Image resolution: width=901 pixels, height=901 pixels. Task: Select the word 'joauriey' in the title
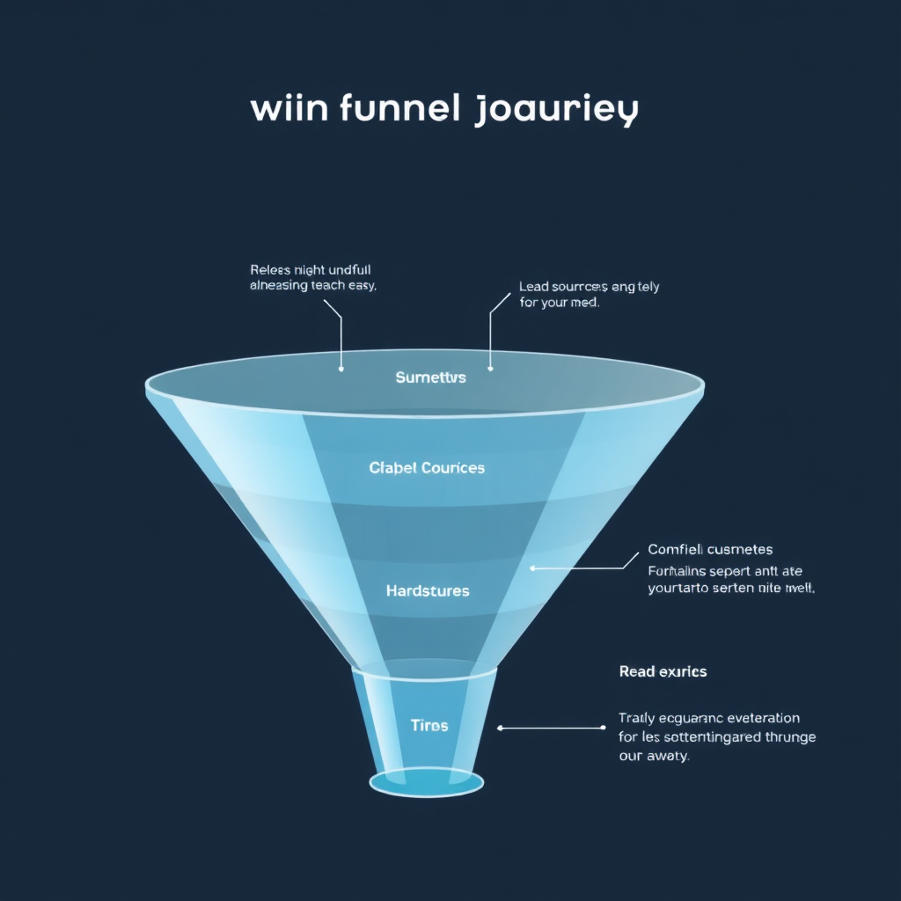pyautogui.click(x=556, y=112)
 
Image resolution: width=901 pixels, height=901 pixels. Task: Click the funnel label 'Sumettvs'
pyautogui.click(x=430, y=378)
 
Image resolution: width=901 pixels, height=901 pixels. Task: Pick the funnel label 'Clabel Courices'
pyautogui.click(x=427, y=468)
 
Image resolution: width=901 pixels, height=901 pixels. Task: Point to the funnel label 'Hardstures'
pyautogui.click(x=428, y=590)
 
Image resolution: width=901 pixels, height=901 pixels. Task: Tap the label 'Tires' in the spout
pyautogui.click(x=429, y=726)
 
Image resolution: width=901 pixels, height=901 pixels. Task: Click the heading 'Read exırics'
pyautogui.click(x=663, y=671)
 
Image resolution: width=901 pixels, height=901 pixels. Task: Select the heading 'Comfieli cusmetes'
pyautogui.click(x=710, y=550)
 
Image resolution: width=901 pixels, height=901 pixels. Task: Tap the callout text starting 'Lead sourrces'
pyautogui.click(x=589, y=287)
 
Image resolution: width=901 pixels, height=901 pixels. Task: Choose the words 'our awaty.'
pyautogui.click(x=654, y=756)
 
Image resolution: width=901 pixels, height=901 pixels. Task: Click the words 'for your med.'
pyautogui.click(x=560, y=304)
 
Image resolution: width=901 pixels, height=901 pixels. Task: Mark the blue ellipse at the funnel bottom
pyautogui.click(x=427, y=782)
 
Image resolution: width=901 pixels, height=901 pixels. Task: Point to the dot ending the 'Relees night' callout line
pyautogui.click(x=341, y=369)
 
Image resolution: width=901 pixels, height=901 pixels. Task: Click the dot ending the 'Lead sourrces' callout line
pyautogui.click(x=490, y=369)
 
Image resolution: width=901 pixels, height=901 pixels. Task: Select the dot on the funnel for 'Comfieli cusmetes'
pyautogui.click(x=532, y=568)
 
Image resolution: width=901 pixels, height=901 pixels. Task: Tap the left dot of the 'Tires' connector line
pyautogui.click(x=500, y=729)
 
